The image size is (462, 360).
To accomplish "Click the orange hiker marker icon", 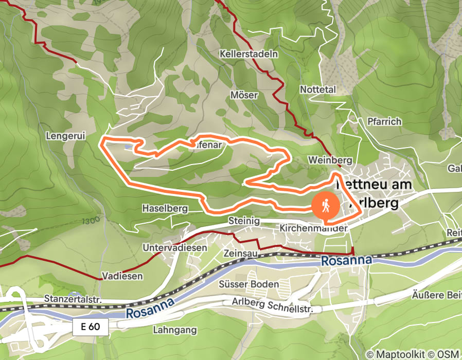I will pos(325,206).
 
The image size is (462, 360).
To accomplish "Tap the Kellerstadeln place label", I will pos(248,53).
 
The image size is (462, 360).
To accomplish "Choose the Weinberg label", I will pos(329,160).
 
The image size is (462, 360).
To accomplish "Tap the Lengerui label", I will pos(65,136).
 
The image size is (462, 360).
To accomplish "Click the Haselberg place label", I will pos(165,208).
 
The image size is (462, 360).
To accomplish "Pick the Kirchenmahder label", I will pos(314,227).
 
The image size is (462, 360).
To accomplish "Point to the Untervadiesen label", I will pos(175,247).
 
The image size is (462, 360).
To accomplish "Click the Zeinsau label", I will pos(240,254).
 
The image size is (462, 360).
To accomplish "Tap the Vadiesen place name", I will pos(122,276).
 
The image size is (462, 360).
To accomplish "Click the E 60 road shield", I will pos(91,327).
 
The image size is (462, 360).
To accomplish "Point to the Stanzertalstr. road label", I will pos(74,299).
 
